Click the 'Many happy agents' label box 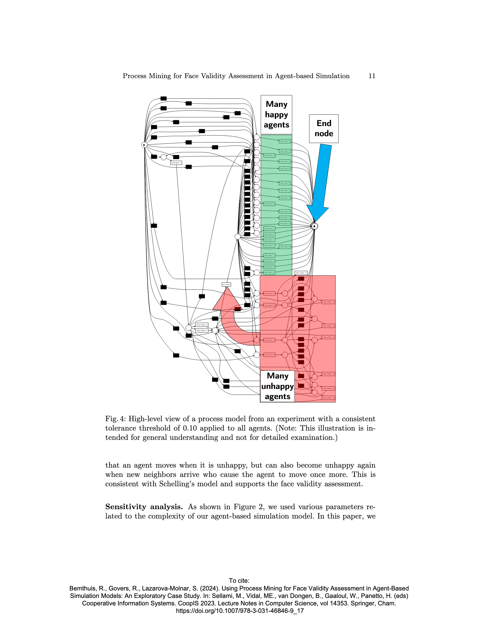click(276, 115)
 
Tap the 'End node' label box click(323, 128)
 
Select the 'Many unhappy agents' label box click(277, 386)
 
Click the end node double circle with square click(314, 226)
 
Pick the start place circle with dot click(144, 145)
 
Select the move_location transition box click(226, 284)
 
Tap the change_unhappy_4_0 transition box click(202, 325)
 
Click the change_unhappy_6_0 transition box click(202, 331)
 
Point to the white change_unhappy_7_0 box click(301, 273)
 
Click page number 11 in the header click(371, 76)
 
